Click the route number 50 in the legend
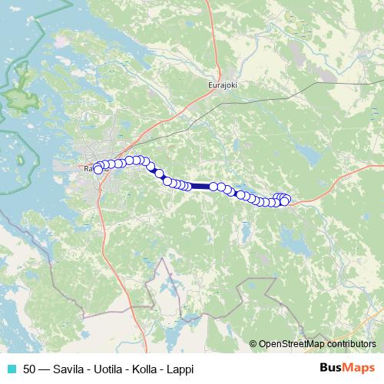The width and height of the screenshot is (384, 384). pos(29,369)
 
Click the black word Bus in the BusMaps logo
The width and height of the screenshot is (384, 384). pos(332,368)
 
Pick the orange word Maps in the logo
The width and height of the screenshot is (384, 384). pos(360,368)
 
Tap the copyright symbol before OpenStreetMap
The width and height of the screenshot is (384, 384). pos(253,345)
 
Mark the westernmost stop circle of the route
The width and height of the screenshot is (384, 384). pos(98,170)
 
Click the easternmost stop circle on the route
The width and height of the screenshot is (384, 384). pos(286,201)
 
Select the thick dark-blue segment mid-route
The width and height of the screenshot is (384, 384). pos(200,186)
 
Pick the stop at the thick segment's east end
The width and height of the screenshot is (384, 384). pos(214,186)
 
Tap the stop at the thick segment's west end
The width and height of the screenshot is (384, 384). pos(187,186)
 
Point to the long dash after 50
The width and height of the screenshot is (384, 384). pos(45,369)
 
